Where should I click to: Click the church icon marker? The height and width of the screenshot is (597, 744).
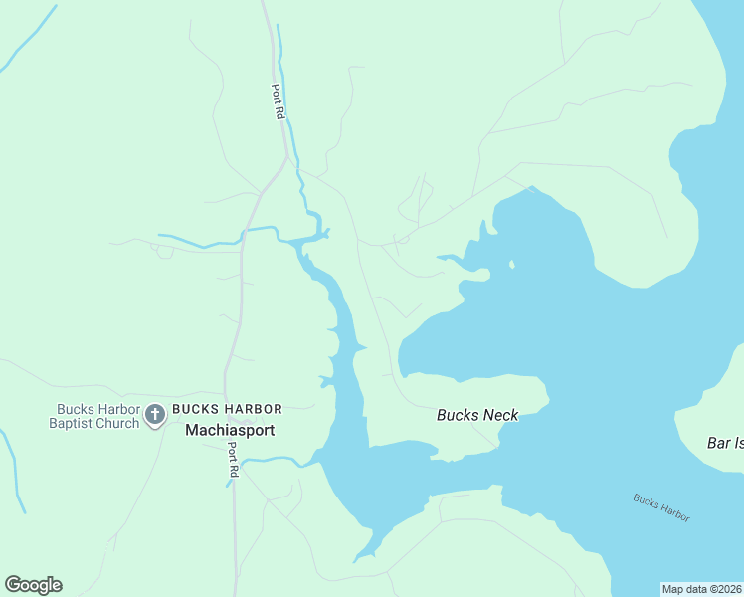click(154, 414)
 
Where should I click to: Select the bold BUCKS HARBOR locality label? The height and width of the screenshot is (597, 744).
click(227, 409)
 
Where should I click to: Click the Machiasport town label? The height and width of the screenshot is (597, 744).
click(230, 431)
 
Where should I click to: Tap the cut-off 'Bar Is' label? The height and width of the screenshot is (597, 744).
click(725, 442)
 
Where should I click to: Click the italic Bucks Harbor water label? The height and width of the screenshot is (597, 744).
click(661, 506)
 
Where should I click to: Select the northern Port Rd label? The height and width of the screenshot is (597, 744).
click(278, 101)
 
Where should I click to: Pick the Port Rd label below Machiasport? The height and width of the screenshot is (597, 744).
click(233, 458)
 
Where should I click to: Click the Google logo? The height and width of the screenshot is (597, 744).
click(33, 585)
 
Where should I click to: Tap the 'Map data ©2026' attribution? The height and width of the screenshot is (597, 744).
click(702, 589)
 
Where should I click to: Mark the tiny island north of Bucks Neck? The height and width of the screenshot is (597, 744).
click(511, 265)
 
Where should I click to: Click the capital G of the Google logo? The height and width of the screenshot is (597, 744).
click(13, 585)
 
